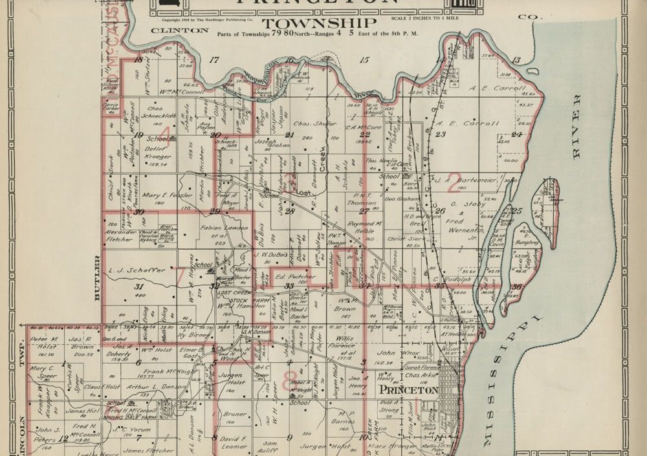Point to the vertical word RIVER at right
click(576, 127)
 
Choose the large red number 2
click(454, 186)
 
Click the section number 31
click(138, 287)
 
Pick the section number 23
click(441, 135)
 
